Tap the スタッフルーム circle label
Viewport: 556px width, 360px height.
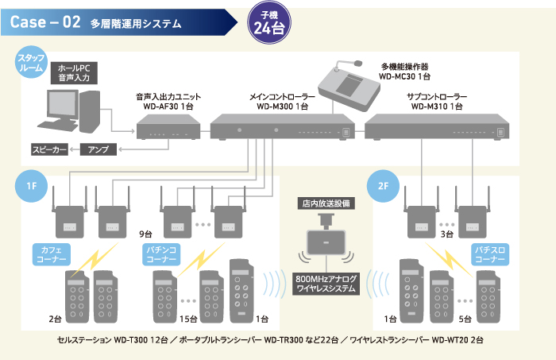pyautogui.click(x=32, y=64)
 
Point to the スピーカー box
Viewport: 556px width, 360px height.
pyautogui.click(x=50, y=149)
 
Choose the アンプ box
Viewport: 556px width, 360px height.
pyautogui.click(x=99, y=149)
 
